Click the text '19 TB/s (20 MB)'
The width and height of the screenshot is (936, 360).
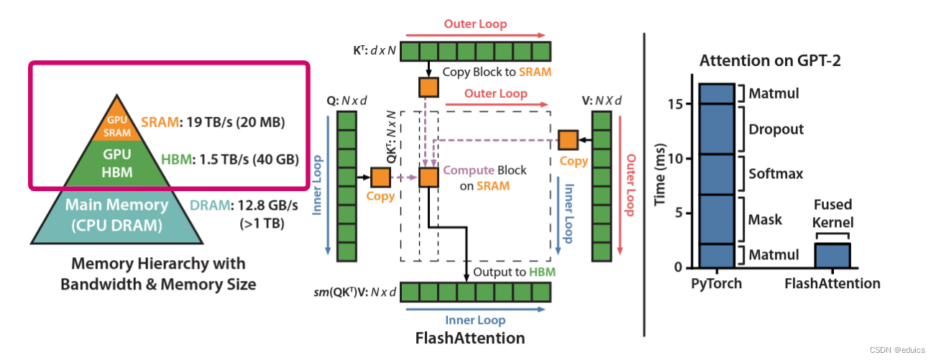pyautogui.click(x=234, y=123)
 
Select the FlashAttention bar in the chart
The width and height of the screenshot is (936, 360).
pyautogui.click(x=833, y=255)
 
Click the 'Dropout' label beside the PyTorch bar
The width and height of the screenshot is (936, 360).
pyautogui.click(x=776, y=129)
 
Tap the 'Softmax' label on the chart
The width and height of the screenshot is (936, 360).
pyautogui.click(x=776, y=174)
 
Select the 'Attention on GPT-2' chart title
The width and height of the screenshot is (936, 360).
pyautogui.click(x=771, y=61)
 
